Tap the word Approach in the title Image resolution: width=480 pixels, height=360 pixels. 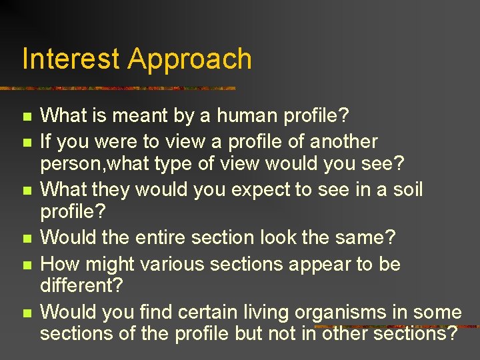[190, 59]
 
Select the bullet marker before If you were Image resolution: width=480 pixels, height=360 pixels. [27, 142]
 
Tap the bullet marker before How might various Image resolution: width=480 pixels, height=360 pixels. [27, 265]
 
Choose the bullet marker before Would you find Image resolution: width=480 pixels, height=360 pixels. [27, 313]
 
